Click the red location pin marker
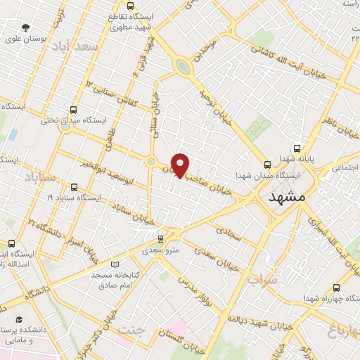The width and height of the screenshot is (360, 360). tap(181, 165)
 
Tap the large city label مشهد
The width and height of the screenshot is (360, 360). tap(288, 198)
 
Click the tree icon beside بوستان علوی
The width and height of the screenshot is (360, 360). tap(26, 28)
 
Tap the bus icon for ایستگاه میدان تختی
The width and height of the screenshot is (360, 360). tap(74, 110)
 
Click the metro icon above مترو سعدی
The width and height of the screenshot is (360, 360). tap(162, 239)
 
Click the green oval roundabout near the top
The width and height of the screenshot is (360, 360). tap(183, 67)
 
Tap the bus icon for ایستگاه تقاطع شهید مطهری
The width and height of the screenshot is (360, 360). tap(112, 30)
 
